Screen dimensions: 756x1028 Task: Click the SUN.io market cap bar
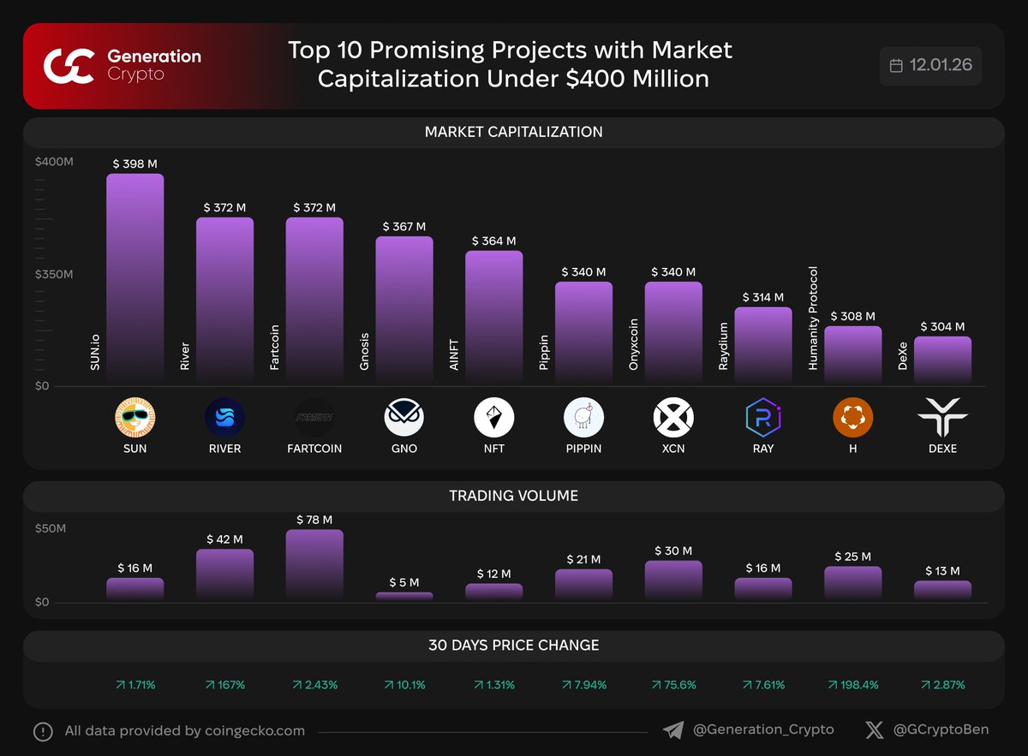pyautogui.click(x=134, y=278)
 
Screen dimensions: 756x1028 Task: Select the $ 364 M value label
pyautogui.click(x=494, y=241)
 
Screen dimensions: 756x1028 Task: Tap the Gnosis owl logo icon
pyautogui.click(x=404, y=418)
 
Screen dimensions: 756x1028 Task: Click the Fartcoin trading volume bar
pyautogui.click(x=314, y=564)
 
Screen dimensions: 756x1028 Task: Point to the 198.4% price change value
pyautogui.click(x=852, y=685)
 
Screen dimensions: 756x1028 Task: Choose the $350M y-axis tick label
pyautogui.click(x=54, y=275)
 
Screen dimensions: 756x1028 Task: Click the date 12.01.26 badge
pyautogui.click(x=931, y=66)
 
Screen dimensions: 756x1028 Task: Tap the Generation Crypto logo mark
pyautogui.click(x=69, y=66)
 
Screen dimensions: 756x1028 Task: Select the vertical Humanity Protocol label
pyautogui.click(x=814, y=318)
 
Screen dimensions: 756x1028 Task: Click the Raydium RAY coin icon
pyautogui.click(x=762, y=418)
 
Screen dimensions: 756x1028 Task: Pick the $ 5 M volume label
pyautogui.click(x=404, y=583)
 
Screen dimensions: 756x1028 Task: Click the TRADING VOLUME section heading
pyautogui.click(x=513, y=496)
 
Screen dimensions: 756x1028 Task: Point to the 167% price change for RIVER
pyautogui.click(x=225, y=685)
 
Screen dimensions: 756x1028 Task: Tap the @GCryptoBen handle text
pyautogui.click(x=941, y=730)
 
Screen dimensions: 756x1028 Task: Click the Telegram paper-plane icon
pyautogui.click(x=673, y=730)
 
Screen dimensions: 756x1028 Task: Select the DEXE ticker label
pyautogui.click(x=942, y=449)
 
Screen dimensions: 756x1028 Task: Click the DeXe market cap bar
pyautogui.click(x=942, y=360)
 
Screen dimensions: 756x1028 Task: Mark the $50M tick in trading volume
pyautogui.click(x=51, y=528)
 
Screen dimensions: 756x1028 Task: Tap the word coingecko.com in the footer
pyautogui.click(x=255, y=731)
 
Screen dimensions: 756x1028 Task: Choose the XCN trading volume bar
pyautogui.click(x=673, y=580)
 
